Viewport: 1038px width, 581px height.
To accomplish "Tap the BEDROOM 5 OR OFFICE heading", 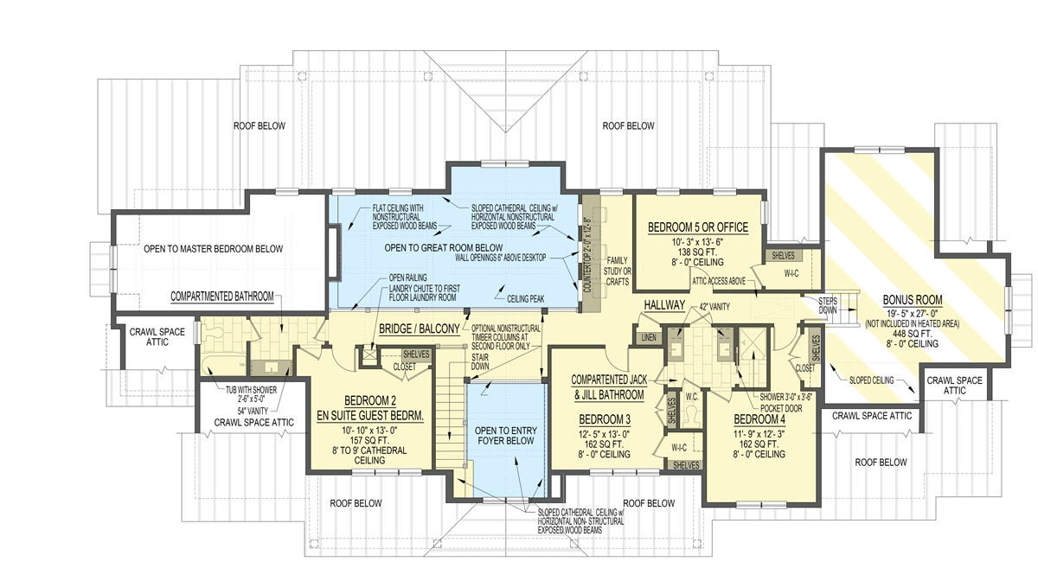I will point(696,227).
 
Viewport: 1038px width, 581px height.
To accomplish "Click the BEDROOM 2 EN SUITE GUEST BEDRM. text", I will point(371,409).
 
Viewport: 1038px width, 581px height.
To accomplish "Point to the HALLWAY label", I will point(664,305).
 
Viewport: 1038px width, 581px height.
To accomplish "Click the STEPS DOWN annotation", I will point(828,303).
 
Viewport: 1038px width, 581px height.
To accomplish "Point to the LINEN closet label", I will point(647,337).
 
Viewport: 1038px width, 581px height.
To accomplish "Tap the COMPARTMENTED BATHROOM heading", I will point(222,296).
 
